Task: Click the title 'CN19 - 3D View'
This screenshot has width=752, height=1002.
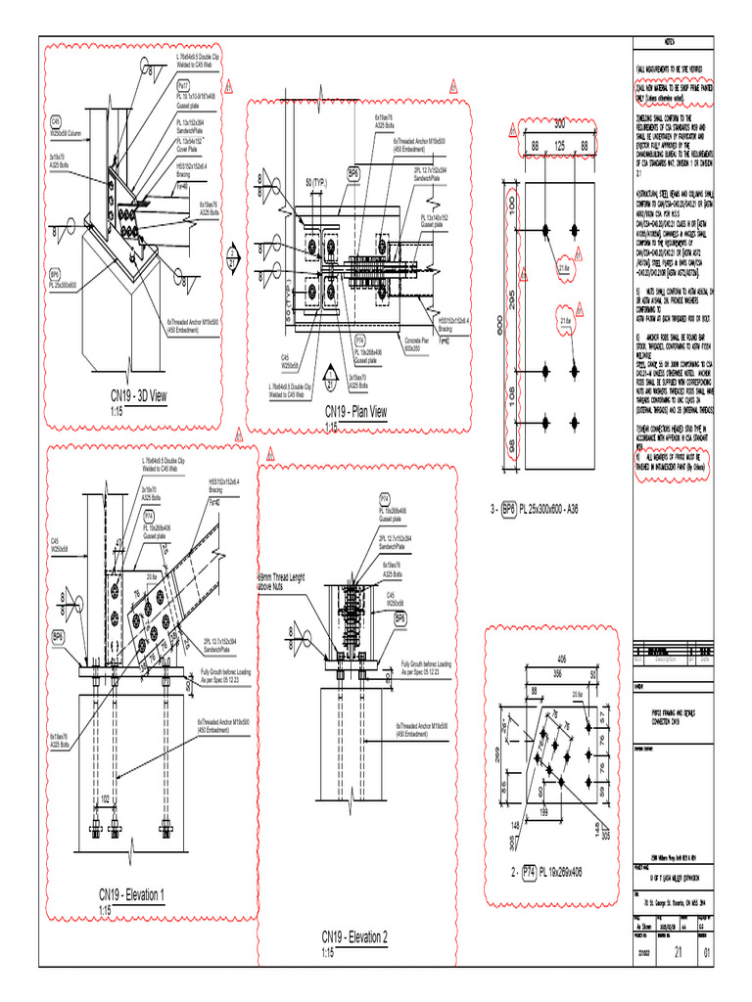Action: tap(132, 395)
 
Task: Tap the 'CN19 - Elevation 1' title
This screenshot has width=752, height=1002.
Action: tap(131, 894)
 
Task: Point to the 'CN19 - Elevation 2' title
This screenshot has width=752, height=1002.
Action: tap(354, 936)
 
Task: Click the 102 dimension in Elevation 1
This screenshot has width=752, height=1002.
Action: tap(106, 799)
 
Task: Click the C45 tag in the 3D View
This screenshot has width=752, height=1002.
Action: tap(57, 121)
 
